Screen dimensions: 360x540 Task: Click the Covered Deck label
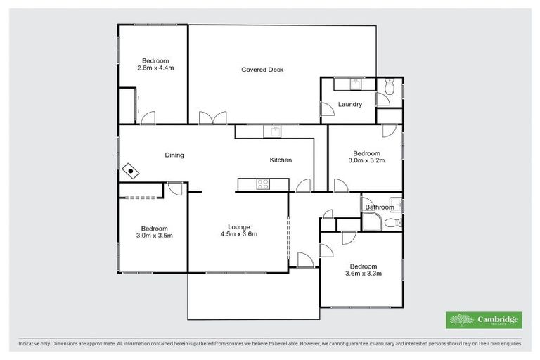262,70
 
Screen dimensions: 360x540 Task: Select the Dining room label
174,155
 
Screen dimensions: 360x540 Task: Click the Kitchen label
281,160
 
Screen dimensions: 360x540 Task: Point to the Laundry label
349,105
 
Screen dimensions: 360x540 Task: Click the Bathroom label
380,207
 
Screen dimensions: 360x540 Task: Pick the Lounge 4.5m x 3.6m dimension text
238,235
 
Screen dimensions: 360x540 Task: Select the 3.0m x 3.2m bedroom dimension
366,161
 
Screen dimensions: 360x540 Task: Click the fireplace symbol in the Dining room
130,170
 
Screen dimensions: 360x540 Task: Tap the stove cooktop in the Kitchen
264,185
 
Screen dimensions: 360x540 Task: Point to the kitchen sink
271,131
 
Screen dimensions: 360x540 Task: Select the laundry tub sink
356,84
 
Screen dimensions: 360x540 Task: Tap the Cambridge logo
484,320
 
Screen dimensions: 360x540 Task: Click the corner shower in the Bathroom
372,222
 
